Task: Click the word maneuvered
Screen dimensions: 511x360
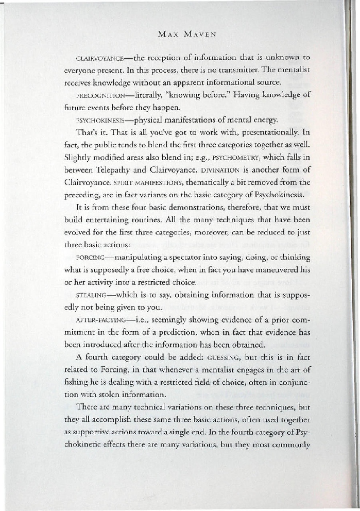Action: tap(278, 270)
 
